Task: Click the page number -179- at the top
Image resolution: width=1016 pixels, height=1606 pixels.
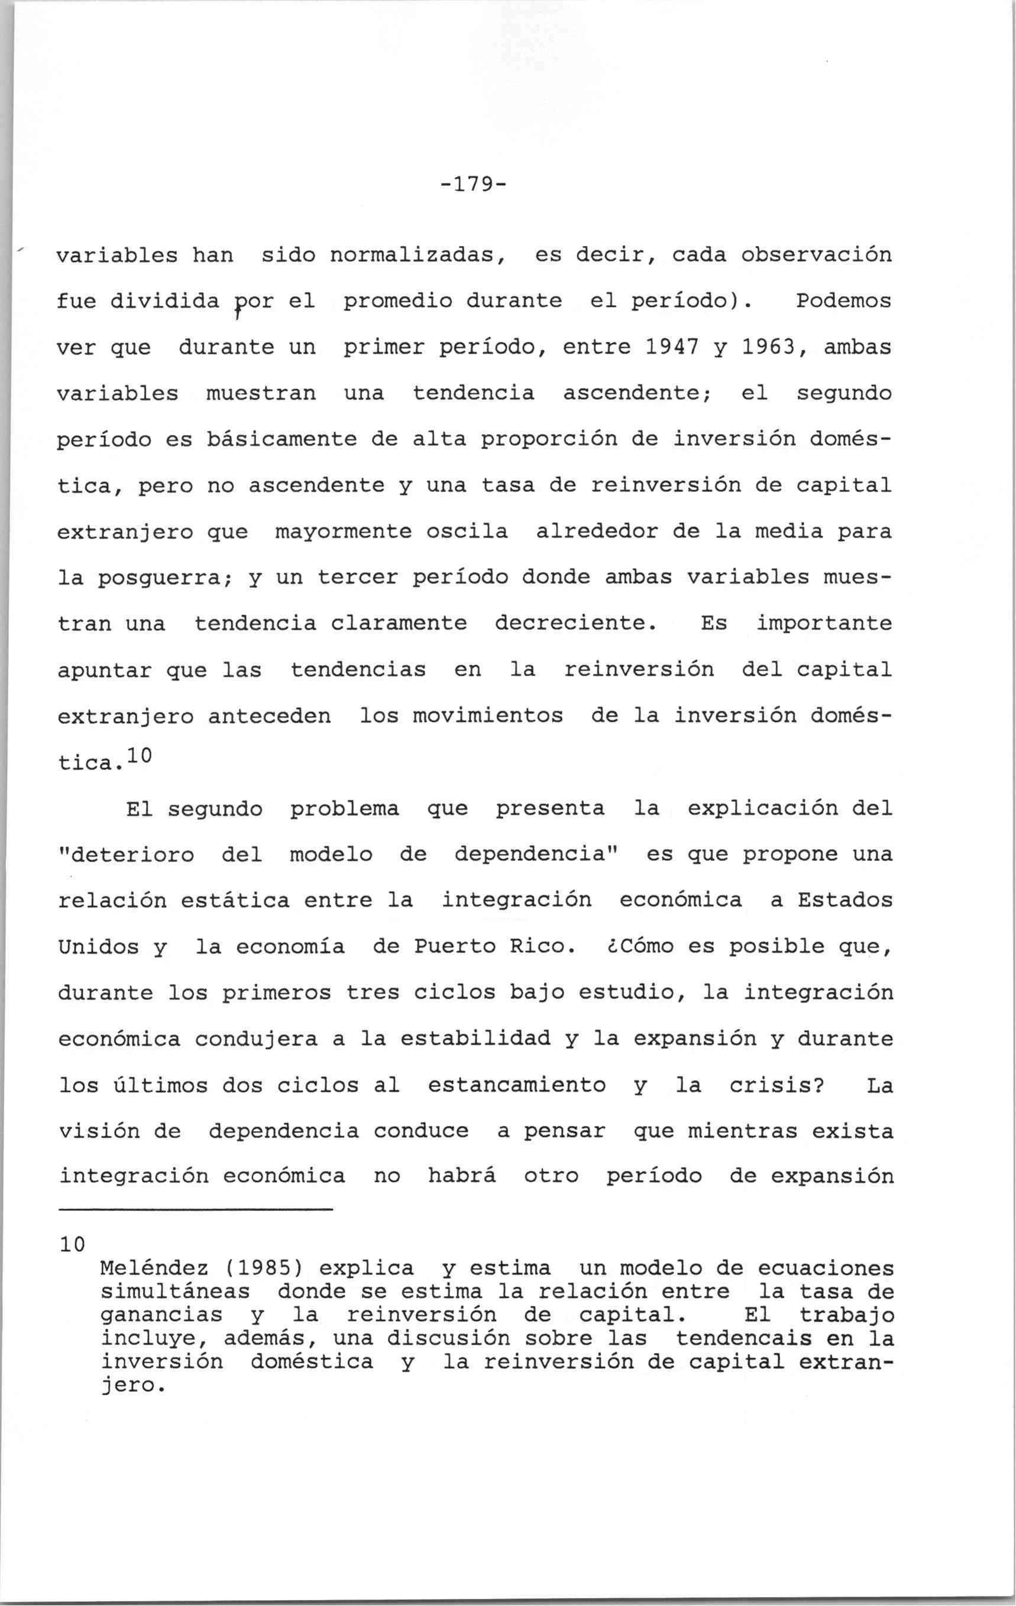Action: pos(473,183)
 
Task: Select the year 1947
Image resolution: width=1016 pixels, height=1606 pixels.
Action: pos(672,348)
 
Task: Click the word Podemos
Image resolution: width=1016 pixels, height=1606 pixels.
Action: pos(844,302)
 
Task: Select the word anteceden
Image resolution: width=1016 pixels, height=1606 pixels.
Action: pos(270,716)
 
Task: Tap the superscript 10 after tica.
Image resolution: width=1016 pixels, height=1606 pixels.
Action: pos(140,756)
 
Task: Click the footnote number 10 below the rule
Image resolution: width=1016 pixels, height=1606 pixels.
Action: pos(72,1244)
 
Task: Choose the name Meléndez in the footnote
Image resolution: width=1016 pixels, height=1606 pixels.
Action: pos(154,1268)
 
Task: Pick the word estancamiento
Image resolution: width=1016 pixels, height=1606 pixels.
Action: pos(516,1086)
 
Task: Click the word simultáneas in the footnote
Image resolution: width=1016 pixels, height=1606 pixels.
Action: pos(175,1292)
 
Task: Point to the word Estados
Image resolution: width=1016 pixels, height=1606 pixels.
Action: pos(844,901)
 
